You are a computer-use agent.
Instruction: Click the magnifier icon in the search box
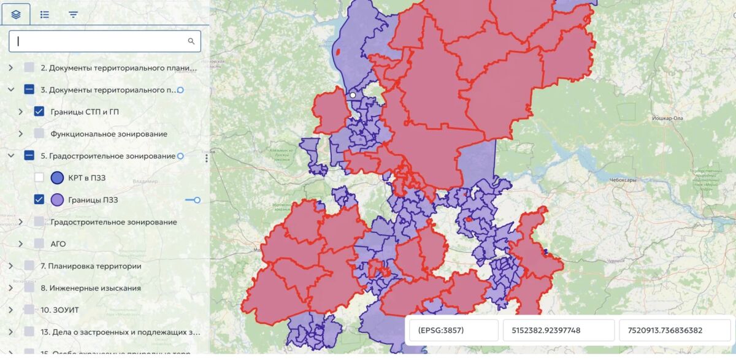coord(191,42)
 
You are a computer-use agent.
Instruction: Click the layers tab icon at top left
coord(16,14)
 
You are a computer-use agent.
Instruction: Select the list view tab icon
coord(45,14)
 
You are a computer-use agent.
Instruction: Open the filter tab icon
coord(74,14)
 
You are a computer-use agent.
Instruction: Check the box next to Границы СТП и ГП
coord(39,112)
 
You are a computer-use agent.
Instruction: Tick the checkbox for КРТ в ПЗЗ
coord(39,178)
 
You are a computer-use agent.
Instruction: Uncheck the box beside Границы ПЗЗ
coord(39,200)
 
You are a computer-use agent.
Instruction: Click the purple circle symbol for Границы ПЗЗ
coord(57,200)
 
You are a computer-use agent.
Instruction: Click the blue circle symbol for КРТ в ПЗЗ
coord(57,178)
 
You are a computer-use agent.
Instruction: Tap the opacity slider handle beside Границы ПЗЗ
coord(197,200)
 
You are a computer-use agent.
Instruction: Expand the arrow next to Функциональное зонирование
coord(21,134)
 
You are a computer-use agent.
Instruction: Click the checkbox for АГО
coord(39,244)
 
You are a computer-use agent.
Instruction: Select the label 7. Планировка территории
coord(91,266)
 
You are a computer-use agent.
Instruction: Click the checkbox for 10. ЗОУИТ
coord(29,310)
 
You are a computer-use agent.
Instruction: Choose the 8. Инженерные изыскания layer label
coord(91,288)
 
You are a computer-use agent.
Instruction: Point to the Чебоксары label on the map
coord(623,180)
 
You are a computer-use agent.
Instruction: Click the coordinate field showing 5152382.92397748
coord(558,331)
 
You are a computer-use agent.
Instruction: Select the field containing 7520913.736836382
coord(674,331)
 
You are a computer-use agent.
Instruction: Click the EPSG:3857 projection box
coord(454,331)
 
